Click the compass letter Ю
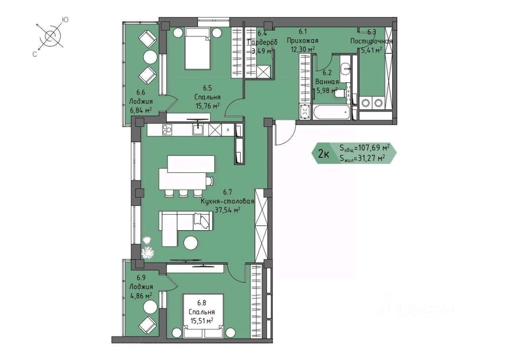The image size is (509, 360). [x=65, y=20]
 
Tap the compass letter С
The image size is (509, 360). [x=35, y=54]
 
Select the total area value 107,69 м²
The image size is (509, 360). [x=371, y=148]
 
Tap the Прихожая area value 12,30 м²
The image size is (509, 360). [x=303, y=49]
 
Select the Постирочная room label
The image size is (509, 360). [x=371, y=41]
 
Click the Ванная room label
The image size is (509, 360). [x=327, y=81]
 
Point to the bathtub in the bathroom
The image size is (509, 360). [x=332, y=112]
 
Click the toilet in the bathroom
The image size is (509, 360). [x=341, y=93]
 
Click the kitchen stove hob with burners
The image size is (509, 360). [x=167, y=130]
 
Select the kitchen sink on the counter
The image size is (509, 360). [x=198, y=130]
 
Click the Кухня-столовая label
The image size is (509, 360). [x=227, y=201]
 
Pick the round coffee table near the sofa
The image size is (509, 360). [x=191, y=243]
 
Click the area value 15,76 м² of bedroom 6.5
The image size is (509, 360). [x=208, y=106]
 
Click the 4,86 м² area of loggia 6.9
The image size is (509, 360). [x=141, y=296]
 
